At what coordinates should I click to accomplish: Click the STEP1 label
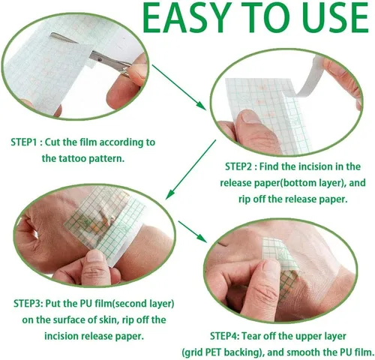pyautogui.click(x=27, y=142)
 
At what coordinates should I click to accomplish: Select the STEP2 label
pyautogui.click(x=241, y=166)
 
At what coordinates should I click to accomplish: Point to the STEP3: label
pyautogui.click(x=31, y=304)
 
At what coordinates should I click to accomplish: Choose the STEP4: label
pyautogui.click(x=211, y=334)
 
